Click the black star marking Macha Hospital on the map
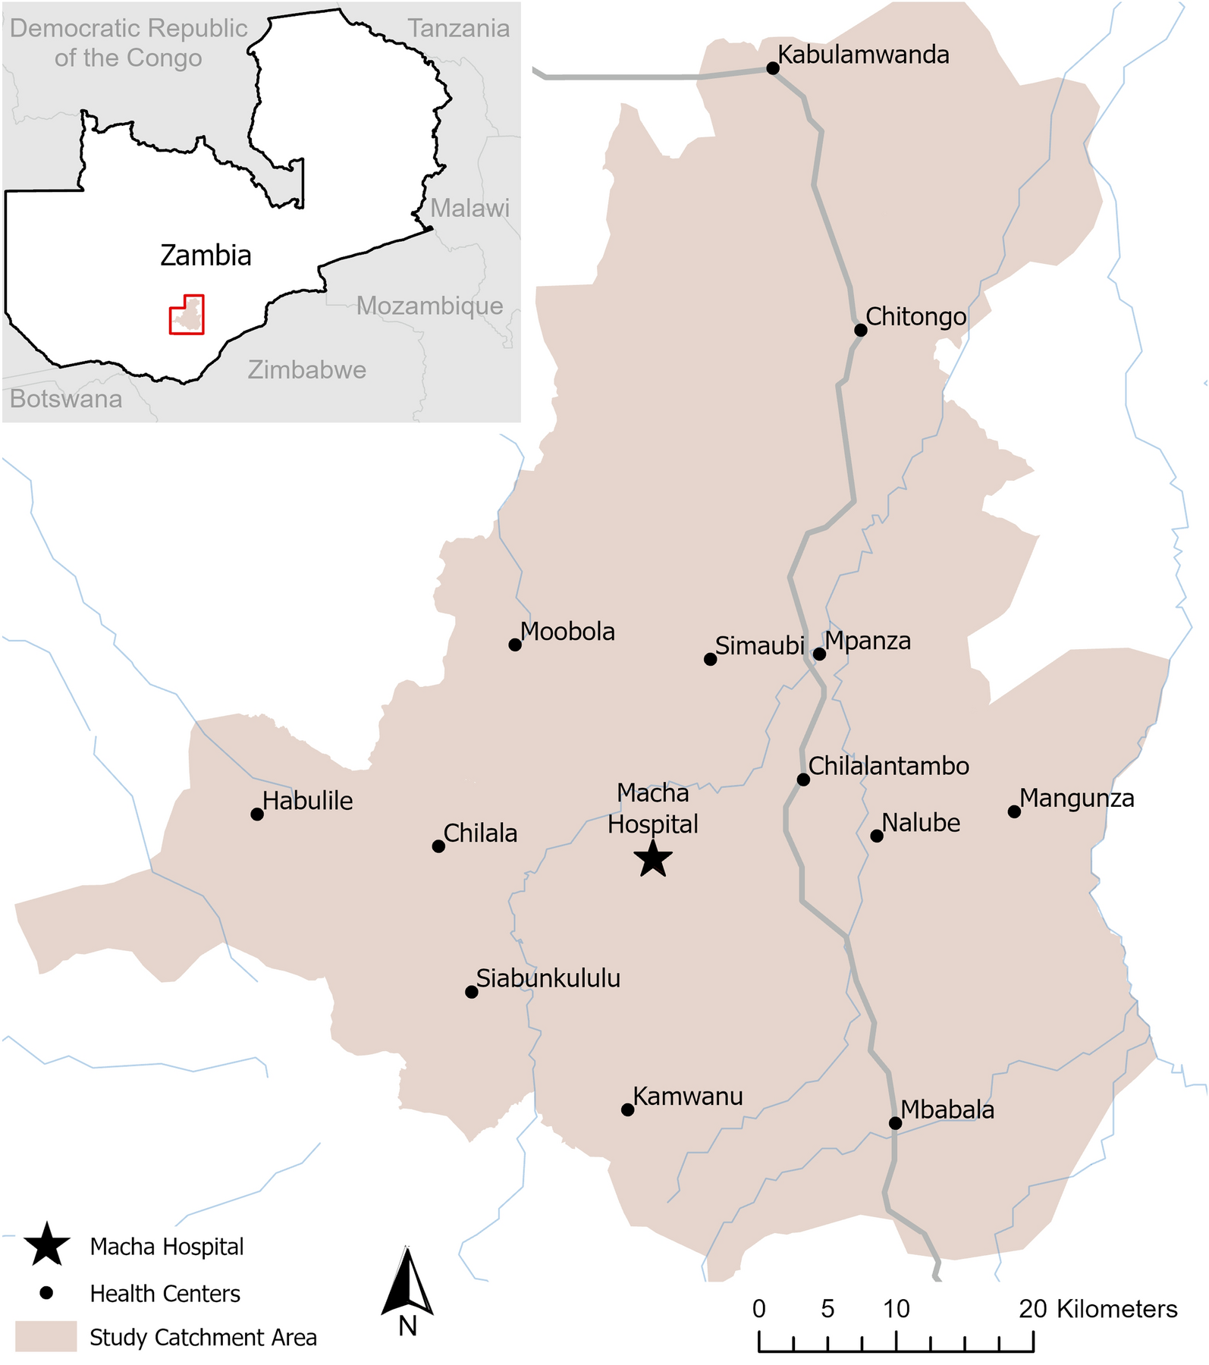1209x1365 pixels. click(653, 860)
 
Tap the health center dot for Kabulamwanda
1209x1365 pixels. click(773, 68)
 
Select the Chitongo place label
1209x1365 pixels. click(916, 316)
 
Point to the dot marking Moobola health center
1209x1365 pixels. click(515, 645)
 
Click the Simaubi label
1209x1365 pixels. click(759, 646)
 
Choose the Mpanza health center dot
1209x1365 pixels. click(819, 654)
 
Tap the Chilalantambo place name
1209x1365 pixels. click(889, 766)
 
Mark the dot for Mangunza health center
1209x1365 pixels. click(1014, 812)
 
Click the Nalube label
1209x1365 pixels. click(921, 823)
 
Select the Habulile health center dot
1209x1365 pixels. click(257, 814)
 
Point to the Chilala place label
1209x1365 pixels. click(480, 833)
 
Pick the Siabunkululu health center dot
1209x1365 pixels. click(471, 992)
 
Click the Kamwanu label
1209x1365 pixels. click(688, 1097)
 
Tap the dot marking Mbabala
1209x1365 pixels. click(895, 1123)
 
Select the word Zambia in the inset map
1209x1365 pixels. click(206, 256)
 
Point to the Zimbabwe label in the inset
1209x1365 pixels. click(307, 370)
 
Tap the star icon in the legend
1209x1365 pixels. click(47, 1245)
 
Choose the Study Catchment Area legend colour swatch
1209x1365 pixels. click(46, 1336)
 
